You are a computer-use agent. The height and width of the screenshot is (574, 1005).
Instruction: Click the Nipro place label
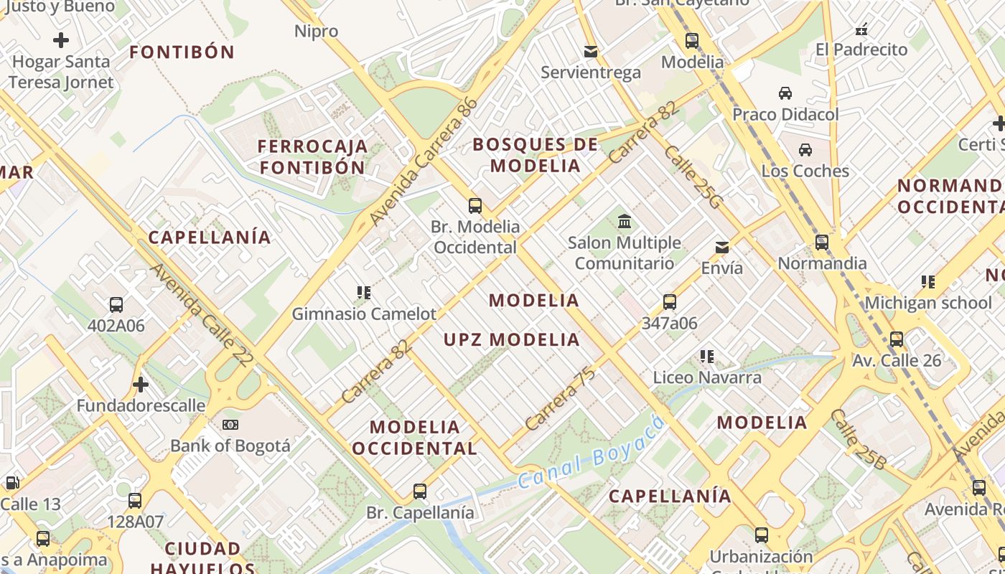316,31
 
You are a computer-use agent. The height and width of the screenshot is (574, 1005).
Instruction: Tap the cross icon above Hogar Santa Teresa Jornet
61,40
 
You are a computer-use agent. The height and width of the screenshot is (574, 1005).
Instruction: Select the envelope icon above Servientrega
591,52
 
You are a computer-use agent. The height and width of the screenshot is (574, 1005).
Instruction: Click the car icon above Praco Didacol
785,93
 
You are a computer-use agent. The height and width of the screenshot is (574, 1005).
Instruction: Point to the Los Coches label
805,171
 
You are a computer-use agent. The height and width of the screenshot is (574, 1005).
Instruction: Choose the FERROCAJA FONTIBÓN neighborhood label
312,156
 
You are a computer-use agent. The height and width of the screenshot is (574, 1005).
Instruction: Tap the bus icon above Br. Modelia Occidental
475,206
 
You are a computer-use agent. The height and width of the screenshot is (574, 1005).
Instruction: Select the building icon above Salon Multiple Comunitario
625,221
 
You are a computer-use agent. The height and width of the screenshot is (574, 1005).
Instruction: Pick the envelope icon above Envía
722,248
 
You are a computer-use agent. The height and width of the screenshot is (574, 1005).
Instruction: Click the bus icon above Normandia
822,243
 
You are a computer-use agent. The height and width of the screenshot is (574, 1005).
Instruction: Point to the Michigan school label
927,303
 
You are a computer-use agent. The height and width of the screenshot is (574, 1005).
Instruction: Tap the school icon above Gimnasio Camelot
364,293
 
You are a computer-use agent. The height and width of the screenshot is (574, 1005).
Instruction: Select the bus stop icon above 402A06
116,305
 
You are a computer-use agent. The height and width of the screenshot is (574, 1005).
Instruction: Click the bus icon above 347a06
670,302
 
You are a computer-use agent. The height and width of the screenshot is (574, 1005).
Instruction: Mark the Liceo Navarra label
707,377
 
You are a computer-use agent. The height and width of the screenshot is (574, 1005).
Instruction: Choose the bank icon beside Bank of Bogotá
230,425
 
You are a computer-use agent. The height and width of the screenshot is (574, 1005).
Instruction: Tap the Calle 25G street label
691,177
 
